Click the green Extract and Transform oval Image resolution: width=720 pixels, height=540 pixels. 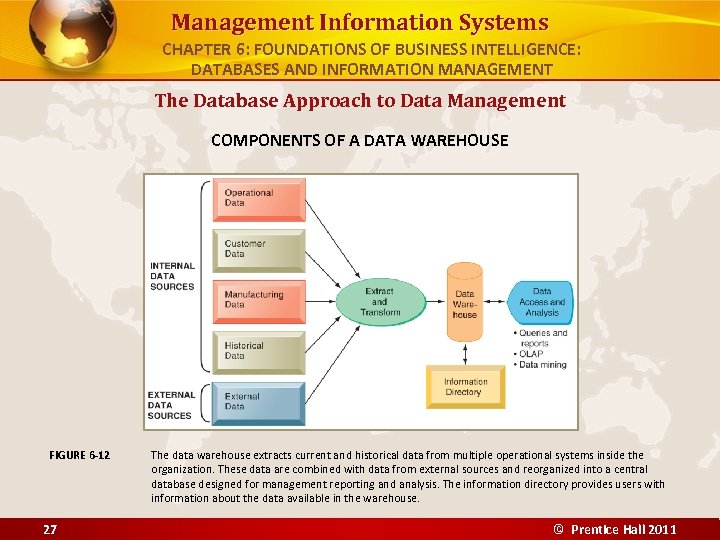379,301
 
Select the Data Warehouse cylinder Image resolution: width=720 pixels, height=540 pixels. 464,299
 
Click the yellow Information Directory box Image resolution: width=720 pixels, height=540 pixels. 465,387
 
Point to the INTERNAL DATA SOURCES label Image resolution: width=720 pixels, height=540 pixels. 172,276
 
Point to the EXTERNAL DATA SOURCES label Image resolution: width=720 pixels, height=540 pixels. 171,405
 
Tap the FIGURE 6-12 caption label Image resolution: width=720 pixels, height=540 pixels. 80,456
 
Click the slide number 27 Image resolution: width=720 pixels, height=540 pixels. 49,529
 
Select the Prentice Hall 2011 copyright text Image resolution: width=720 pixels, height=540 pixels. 616,529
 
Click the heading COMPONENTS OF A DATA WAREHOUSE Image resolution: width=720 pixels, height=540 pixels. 359,140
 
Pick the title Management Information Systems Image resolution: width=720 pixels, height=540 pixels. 359,22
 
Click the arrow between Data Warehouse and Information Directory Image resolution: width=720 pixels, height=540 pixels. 464,352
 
